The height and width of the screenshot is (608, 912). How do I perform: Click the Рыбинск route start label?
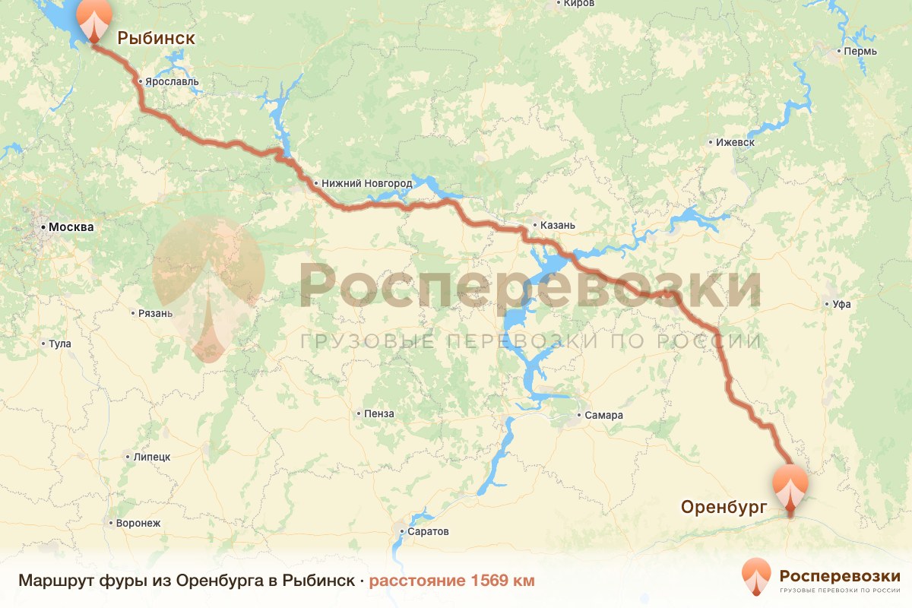[x=155, y=38]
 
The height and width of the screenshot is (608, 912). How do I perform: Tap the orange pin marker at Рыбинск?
[x=94, y=20]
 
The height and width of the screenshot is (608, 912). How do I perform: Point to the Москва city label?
[x=70, y=226]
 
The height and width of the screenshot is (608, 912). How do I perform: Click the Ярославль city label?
[x=172, y=81]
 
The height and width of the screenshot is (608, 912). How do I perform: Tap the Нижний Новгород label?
[x=366, y=183]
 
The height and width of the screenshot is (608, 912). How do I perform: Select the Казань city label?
[x=558, y=225]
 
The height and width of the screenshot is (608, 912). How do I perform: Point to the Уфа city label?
[x=841, y=304]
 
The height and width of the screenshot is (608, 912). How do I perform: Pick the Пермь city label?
[x=860, y=52]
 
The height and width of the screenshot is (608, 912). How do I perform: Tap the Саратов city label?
[x=429, y=531]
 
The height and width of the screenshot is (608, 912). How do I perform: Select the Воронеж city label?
[x=138, y=523]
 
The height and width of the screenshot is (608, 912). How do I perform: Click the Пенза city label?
[x=379, y=413]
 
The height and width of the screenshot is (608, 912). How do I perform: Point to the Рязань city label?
[x=155, y=313]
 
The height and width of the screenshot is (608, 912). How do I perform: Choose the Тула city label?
[x=59, y=344]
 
